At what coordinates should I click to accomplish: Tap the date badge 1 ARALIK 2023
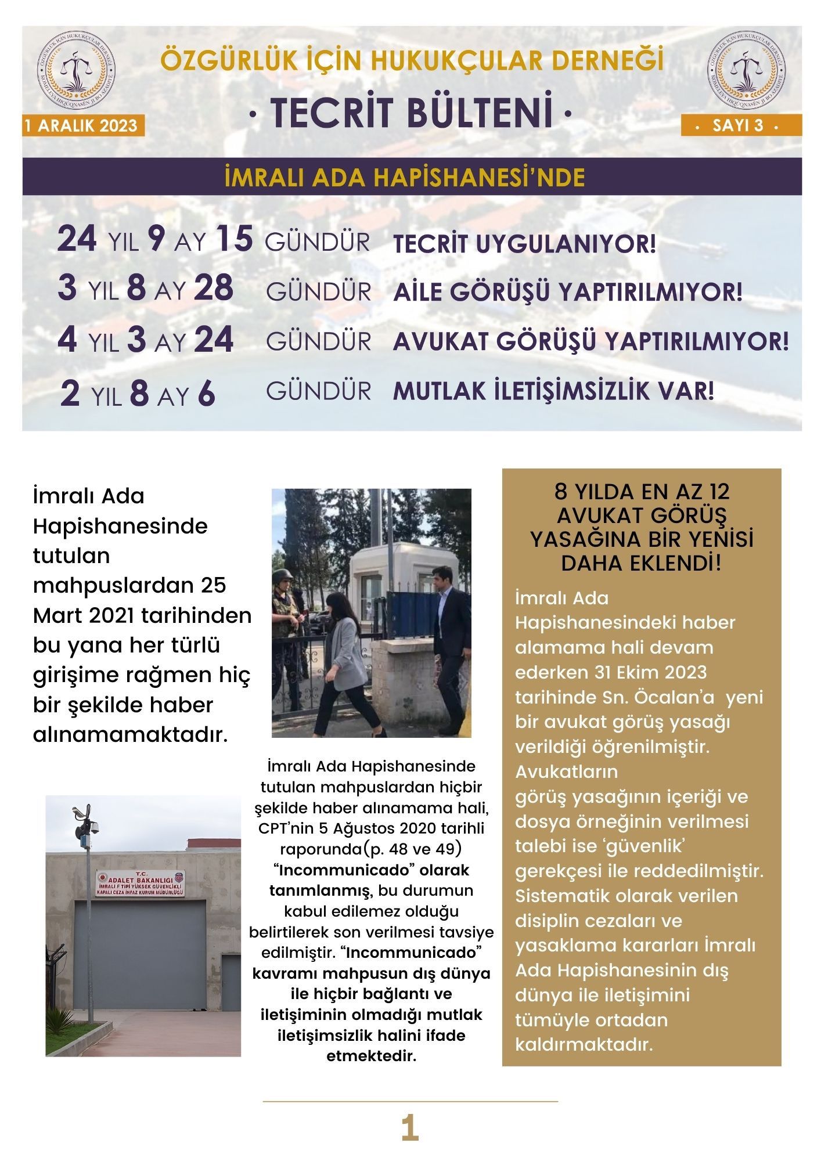tap(81, 126)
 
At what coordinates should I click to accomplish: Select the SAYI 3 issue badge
tap(741, 125)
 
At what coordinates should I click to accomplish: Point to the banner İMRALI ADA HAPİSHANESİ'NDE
tap(404, 177)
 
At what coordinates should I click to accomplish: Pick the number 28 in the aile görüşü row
tap(214, 288)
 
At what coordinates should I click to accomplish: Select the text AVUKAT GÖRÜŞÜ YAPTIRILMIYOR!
tap(590, 342)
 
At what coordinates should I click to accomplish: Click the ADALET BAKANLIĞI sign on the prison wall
tap(139, 882)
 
